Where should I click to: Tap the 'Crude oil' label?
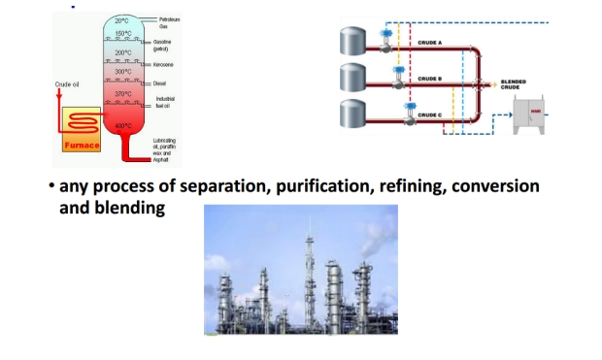(x=71, y=85)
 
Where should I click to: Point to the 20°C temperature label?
(x=122, y=21)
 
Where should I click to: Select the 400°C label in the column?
(x=123, y=126)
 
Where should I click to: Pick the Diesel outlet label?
(x=160, y=82)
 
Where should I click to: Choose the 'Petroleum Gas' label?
(x=169, y=22)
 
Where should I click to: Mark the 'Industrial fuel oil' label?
(x=164, y=101)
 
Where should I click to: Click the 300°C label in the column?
(x=122, y=72)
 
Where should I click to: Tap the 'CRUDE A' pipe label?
(x=430, y=44)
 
